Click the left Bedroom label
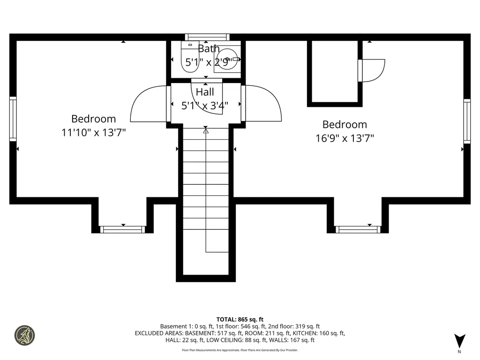tap(93, 119)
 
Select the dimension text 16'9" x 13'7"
tap(345, 138)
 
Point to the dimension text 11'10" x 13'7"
tap(93, 133)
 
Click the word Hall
tap(205, 92)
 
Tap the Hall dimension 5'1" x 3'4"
tap(205, 105)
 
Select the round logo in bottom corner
tap(24, 336)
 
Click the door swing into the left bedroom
tap(149, 104)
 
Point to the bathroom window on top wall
tap(207, 37)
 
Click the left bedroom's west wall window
tap(13, 119)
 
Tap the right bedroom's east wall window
tap(467, 121)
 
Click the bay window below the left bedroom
tap(123, 229)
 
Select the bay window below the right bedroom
tap(358, 229)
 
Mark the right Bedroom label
tap(345, 125)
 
